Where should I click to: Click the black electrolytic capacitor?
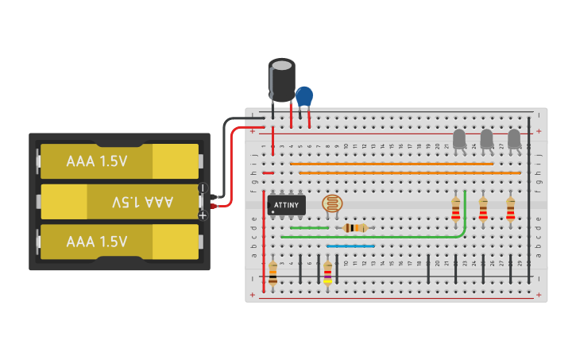[x=281, y=79]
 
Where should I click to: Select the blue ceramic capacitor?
[x=304, y=96]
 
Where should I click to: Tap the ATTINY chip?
[x=286, y=204]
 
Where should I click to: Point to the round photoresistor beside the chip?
[x=333, y=203]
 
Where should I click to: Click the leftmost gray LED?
[x=459, y=139]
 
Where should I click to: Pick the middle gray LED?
[x=486, y=139]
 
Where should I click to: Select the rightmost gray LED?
[x=514, y=139]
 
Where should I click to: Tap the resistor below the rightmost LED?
[x=510, y=209]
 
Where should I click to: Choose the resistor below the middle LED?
[x=483, y=209]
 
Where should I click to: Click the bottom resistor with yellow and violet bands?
[x=327, y=273]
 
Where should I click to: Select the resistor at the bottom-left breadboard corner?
[x=273, y=273]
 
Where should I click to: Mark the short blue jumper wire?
[x=350, y=246]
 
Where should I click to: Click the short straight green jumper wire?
[x=309, y=228]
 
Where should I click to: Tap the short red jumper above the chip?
[x=268, y=172]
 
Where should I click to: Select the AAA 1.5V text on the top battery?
[x=97, y=161]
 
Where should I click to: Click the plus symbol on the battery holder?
[x=203, y=215]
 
